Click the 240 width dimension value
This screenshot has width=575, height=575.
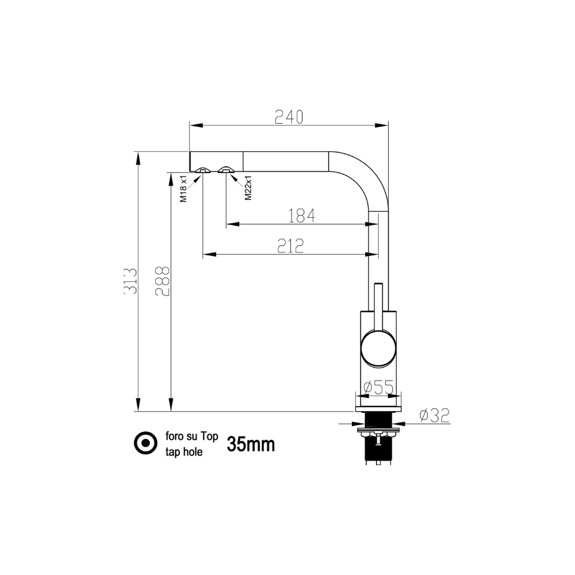point(289,117)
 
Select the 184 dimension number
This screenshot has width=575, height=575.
point(301,216)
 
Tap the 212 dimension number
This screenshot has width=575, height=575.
point(290,246)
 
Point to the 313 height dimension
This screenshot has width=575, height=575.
point(130,281)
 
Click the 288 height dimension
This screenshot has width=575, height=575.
point(163,281)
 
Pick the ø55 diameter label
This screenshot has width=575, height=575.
point(378,387)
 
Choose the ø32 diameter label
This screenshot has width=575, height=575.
point(435,416)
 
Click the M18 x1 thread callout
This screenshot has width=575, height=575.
point(183,189)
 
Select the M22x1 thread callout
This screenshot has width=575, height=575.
point(248,188)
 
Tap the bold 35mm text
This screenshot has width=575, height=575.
point(251,444)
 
